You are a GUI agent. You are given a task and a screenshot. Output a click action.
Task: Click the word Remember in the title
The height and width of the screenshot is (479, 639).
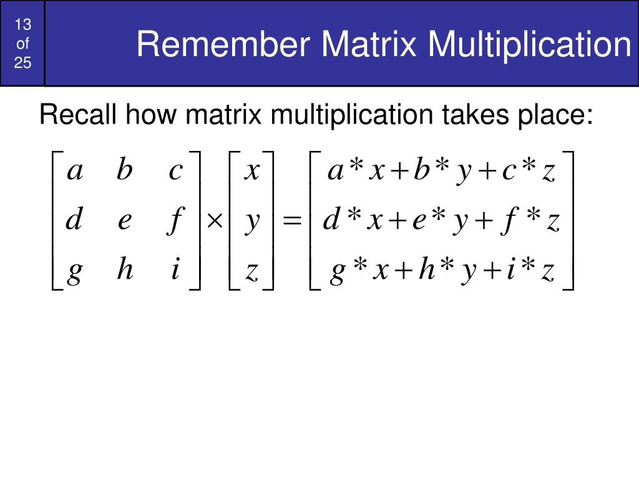tap(225, 45)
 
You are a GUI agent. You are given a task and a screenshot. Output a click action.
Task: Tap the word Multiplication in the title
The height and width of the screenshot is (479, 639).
tap(530, 45)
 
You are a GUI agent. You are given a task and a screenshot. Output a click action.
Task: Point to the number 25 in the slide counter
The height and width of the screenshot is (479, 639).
tap(23, 62)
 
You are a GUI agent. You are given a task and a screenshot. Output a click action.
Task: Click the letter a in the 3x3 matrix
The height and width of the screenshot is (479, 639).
tap(75, 171)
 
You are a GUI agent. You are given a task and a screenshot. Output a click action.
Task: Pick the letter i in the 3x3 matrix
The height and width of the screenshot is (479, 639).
tap(175, 270)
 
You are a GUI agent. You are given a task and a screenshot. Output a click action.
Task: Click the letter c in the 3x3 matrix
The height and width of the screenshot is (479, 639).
tap(175, 171)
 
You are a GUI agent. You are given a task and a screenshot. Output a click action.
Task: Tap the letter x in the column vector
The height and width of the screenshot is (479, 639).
tap(251, 171)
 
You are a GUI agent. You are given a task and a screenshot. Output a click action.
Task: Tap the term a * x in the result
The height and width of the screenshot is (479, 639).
tap(355, 171)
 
